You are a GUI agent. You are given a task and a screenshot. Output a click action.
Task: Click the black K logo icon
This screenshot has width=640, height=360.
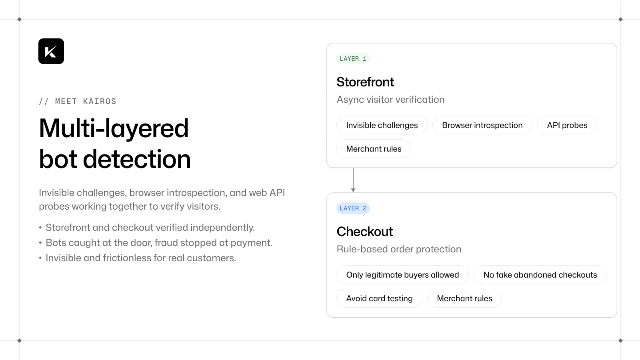(51, 51)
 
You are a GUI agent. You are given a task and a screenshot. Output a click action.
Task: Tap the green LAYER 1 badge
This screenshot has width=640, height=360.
(353, 58)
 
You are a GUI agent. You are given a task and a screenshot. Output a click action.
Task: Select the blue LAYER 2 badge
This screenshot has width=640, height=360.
(353, 208)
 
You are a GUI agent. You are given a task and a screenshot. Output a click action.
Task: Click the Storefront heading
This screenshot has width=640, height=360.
(365, 82)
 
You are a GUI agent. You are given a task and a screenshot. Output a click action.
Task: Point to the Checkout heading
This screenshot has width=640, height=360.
(364, 232)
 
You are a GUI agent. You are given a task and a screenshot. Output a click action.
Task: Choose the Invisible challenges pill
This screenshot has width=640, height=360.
(382, 125)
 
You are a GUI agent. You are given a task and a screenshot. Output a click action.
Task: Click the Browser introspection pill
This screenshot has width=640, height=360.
(482, 125)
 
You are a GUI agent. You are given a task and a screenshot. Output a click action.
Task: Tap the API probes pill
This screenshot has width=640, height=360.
(567, 125)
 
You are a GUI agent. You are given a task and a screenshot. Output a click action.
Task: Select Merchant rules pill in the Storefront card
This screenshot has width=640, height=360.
(374, 148)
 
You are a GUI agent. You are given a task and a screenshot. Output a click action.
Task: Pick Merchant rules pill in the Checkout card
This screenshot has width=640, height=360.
(464, 298)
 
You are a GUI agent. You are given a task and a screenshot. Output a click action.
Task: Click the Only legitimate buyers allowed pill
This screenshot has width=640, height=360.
(402, 274)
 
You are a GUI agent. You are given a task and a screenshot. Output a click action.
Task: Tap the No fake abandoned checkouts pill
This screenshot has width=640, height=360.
(540, 274)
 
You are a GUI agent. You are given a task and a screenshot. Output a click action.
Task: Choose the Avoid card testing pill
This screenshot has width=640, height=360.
(380, 298)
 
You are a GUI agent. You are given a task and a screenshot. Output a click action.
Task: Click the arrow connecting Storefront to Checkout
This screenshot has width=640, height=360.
(353, 180)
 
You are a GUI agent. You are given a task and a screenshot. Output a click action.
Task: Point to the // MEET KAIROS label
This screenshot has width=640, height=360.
(78, 102)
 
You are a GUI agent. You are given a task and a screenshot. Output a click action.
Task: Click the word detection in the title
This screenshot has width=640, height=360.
(136, 159)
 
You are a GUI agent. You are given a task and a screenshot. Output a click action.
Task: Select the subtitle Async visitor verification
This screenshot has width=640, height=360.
(390, 100)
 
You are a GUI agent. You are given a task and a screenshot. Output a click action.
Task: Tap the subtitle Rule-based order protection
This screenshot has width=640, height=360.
(399, 249)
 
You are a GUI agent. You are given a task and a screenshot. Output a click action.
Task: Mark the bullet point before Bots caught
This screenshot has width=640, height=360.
(40, 242)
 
